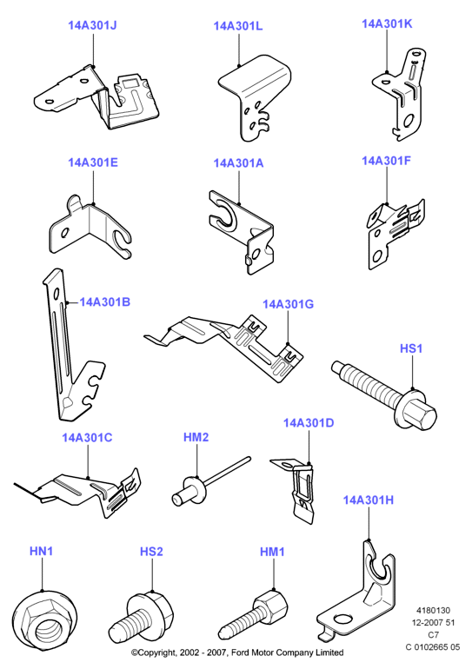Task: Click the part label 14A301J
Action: point(92,25)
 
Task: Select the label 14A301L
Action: point(238,26)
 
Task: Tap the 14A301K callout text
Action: point(387,24)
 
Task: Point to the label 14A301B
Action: point(105,302)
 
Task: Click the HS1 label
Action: point(411,348)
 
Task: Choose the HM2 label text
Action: point(196,437)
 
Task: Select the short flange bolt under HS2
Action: point(142,617)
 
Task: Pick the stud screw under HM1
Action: point(253,613)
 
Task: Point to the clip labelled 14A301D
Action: point(298,490)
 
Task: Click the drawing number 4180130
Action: point(433,611)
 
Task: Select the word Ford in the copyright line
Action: point(241,652)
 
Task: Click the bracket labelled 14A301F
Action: point(396,234)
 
